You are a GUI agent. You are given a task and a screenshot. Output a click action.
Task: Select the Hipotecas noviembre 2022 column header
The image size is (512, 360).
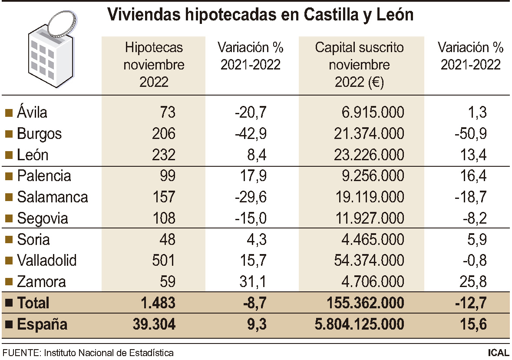point(154,65)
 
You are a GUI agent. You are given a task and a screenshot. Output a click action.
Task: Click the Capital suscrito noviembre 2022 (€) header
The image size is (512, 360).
point(359,65)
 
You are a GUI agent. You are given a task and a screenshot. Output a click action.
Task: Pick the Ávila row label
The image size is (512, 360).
point(32,112)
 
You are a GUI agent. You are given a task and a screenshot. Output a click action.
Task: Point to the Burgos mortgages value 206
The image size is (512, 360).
point(164,134)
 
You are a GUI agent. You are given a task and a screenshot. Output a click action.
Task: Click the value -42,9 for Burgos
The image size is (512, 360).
point(250,134)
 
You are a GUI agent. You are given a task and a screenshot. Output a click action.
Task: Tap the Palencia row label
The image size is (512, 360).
point(44,176)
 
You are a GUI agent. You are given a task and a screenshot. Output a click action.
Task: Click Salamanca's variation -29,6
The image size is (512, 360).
point(250,197)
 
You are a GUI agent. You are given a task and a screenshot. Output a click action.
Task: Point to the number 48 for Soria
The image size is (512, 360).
point(167,239)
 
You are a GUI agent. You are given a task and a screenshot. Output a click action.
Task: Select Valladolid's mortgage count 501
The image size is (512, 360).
point(164,261)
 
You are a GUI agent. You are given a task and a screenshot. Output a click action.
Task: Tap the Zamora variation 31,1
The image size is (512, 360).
point(253,282)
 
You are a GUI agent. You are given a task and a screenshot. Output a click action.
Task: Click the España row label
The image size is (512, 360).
point(42,324)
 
